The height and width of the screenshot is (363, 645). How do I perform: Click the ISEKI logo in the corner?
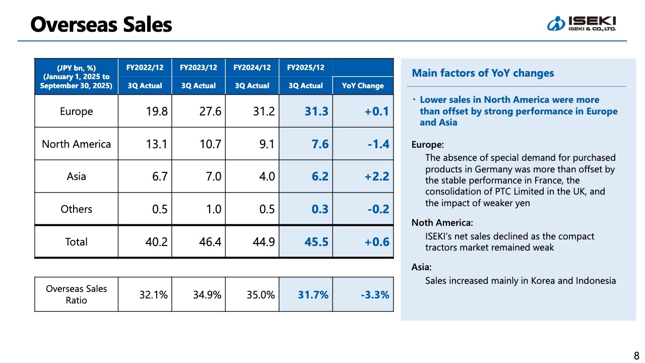pos(582,23)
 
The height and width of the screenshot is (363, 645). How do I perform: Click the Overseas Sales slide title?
pos(101,24)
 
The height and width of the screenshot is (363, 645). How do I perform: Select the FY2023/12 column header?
pos(198,68)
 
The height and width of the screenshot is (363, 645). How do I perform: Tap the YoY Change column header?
pos(363,86)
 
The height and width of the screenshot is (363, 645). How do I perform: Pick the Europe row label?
pos(76,111)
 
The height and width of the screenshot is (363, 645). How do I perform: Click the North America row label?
pos(76,144)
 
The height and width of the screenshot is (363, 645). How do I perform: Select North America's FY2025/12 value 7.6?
pos(320,144)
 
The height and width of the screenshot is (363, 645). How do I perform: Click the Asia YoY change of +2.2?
pos(377,176)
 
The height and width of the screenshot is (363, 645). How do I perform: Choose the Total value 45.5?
pos(316,242)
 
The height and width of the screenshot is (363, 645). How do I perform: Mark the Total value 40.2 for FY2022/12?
pos(156,242)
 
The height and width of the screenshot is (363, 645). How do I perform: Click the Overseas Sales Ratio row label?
pos(76,294)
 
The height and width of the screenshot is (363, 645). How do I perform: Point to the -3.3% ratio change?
pos(375,294)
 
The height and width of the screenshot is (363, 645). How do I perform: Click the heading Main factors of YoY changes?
pos(483,73)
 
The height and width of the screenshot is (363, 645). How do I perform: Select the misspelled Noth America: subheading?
pos(442,223)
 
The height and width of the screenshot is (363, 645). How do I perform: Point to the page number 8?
pos(636,355)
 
